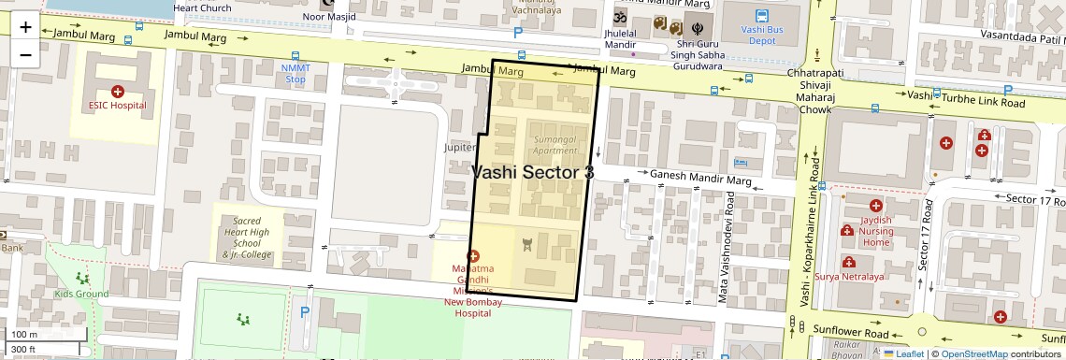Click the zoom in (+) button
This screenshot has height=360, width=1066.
pyautogui.click(x=25, y=27)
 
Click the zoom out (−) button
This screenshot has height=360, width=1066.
pyautogui.click(x=25, y=53)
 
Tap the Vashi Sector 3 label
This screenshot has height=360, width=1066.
pyautogui.click(x=532, y=172)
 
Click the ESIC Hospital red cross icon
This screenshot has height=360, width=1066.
pyautogui.click(x=118, y=91)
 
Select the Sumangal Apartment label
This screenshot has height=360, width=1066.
pyautogui.click(x=555, y=144)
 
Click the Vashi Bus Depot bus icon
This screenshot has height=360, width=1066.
pyautogui.click(x=762, y=16)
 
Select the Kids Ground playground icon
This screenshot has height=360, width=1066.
pyautogui.click(x=82, y=279)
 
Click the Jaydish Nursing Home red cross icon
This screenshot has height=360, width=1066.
pyautogui.click(x=875, y=205)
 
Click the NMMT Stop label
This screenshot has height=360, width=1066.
pyautogui.click(x=295, y=74)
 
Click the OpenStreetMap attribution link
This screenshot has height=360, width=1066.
pyautogui.click(x=973, y=353)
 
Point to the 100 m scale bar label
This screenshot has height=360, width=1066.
pyautogui.click(x=23, y=334)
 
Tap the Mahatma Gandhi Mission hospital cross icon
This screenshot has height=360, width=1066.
pyautogui.click(x=472, y=256)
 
